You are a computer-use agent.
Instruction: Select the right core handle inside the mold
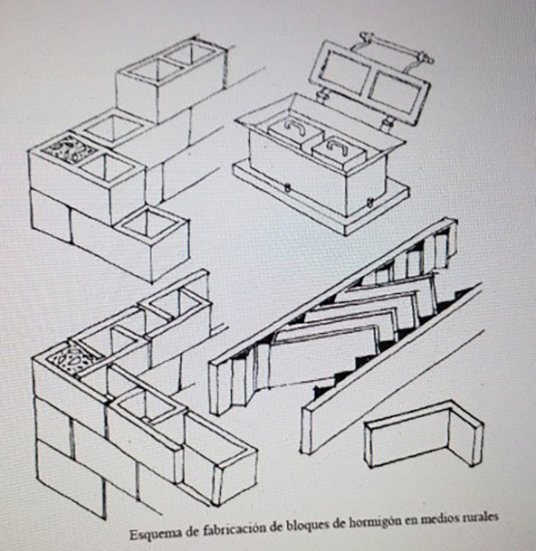coord(337,147)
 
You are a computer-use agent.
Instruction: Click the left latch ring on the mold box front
coord(288,188)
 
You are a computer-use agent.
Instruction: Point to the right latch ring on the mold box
coord(370,202)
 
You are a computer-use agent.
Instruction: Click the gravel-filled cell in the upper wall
coord(70,150)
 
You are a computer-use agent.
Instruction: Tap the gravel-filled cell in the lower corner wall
coord(73,361)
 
